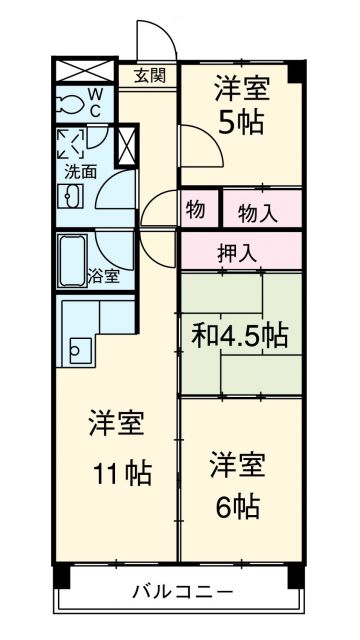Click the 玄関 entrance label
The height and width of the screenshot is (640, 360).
151,74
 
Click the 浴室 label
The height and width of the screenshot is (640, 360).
103,275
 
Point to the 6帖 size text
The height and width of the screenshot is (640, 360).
238,505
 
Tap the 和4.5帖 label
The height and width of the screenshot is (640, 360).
240,336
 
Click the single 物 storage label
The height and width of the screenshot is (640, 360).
195,211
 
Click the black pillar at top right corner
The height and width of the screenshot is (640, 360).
295,71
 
